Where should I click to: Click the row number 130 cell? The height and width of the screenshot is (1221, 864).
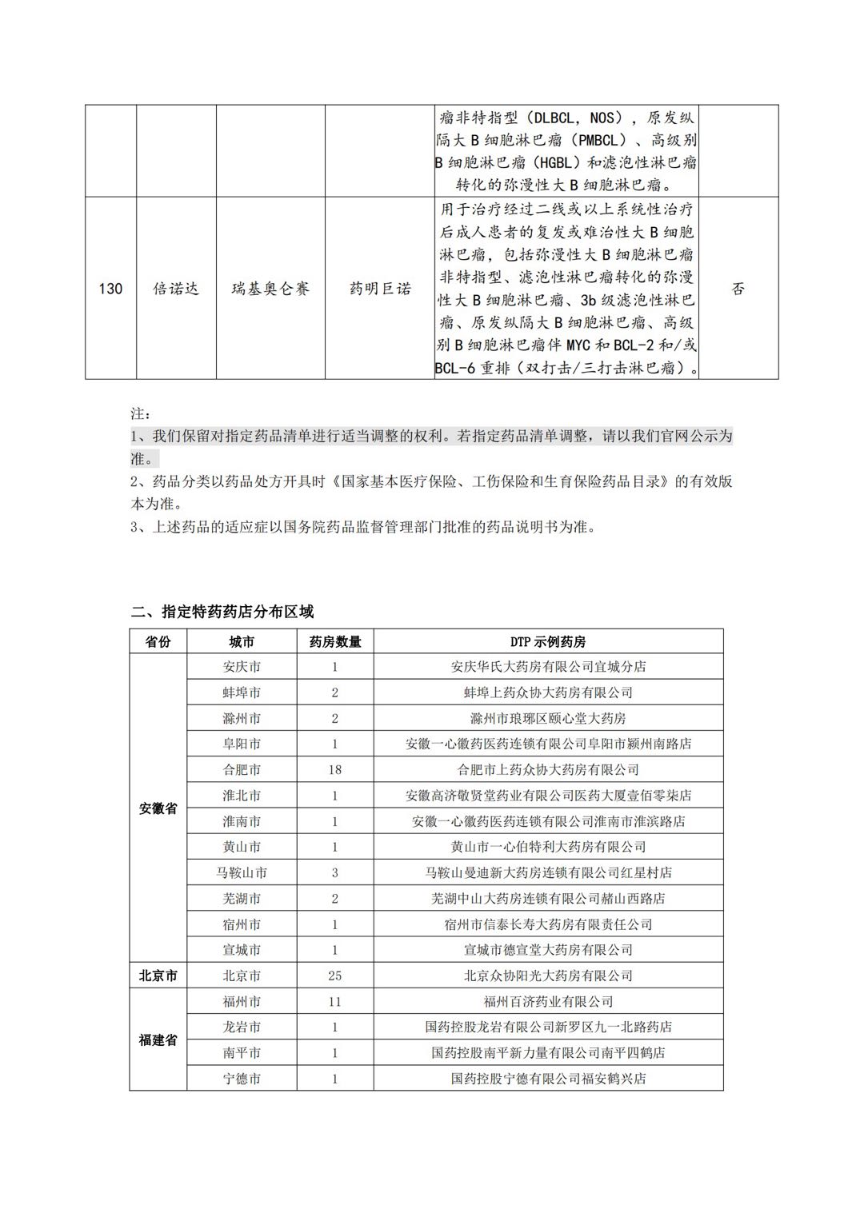(x=110, y=289)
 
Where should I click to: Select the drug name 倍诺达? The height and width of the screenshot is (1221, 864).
(x=176, y=289)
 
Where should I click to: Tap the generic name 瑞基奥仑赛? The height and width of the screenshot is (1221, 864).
(x=270, y=289)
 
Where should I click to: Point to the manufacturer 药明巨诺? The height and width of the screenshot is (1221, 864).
(x=380, y=289)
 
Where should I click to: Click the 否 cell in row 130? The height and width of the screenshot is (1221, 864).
(x=738, y=289)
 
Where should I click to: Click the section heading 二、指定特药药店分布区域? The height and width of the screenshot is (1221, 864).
(x=223, y=612)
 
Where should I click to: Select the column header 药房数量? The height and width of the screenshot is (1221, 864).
(x=334, y=641)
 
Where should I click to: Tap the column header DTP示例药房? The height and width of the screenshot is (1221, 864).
(x=548, y=641)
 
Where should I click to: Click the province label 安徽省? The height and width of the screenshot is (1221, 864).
(x=158, y=808)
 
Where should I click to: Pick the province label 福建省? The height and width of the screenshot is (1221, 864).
(x=158, y=1040)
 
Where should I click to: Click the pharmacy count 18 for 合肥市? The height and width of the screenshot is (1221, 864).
(x=334, y=769)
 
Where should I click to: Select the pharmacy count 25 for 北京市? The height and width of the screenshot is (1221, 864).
(x=334, y=976)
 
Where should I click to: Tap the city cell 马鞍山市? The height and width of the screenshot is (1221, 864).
(x=242, y=872)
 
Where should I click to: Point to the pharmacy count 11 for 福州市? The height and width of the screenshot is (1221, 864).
(x=334, y=1001)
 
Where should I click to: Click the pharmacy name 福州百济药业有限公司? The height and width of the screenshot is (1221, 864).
(x=548, y=1001)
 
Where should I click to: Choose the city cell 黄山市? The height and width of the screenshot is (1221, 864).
(x=242, y=847)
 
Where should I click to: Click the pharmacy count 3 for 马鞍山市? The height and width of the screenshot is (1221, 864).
(x=334, y=872)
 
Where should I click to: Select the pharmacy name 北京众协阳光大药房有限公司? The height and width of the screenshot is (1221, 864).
(x=548, y=976)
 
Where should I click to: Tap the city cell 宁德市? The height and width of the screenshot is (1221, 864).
(x=242, y=1079)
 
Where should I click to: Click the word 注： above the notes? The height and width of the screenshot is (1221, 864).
(x=140, y=414)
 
